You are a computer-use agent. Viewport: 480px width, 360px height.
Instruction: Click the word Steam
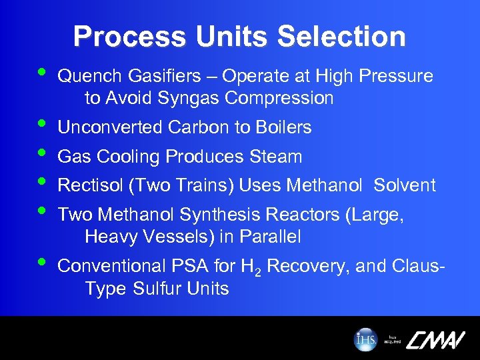pos(275,157)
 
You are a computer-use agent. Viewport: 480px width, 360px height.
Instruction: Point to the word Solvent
pos(405,185)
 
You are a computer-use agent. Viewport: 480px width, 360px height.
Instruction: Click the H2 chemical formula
pos(247,267)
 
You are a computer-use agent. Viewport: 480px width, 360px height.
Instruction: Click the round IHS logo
pos(365,339)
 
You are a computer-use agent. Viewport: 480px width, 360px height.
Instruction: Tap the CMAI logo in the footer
pos(434,339)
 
